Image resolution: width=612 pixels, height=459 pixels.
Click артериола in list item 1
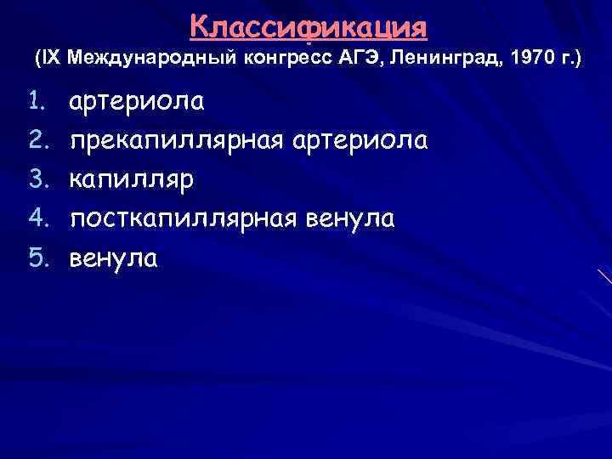(137, 101)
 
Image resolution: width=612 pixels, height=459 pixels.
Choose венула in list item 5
(114, 258)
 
